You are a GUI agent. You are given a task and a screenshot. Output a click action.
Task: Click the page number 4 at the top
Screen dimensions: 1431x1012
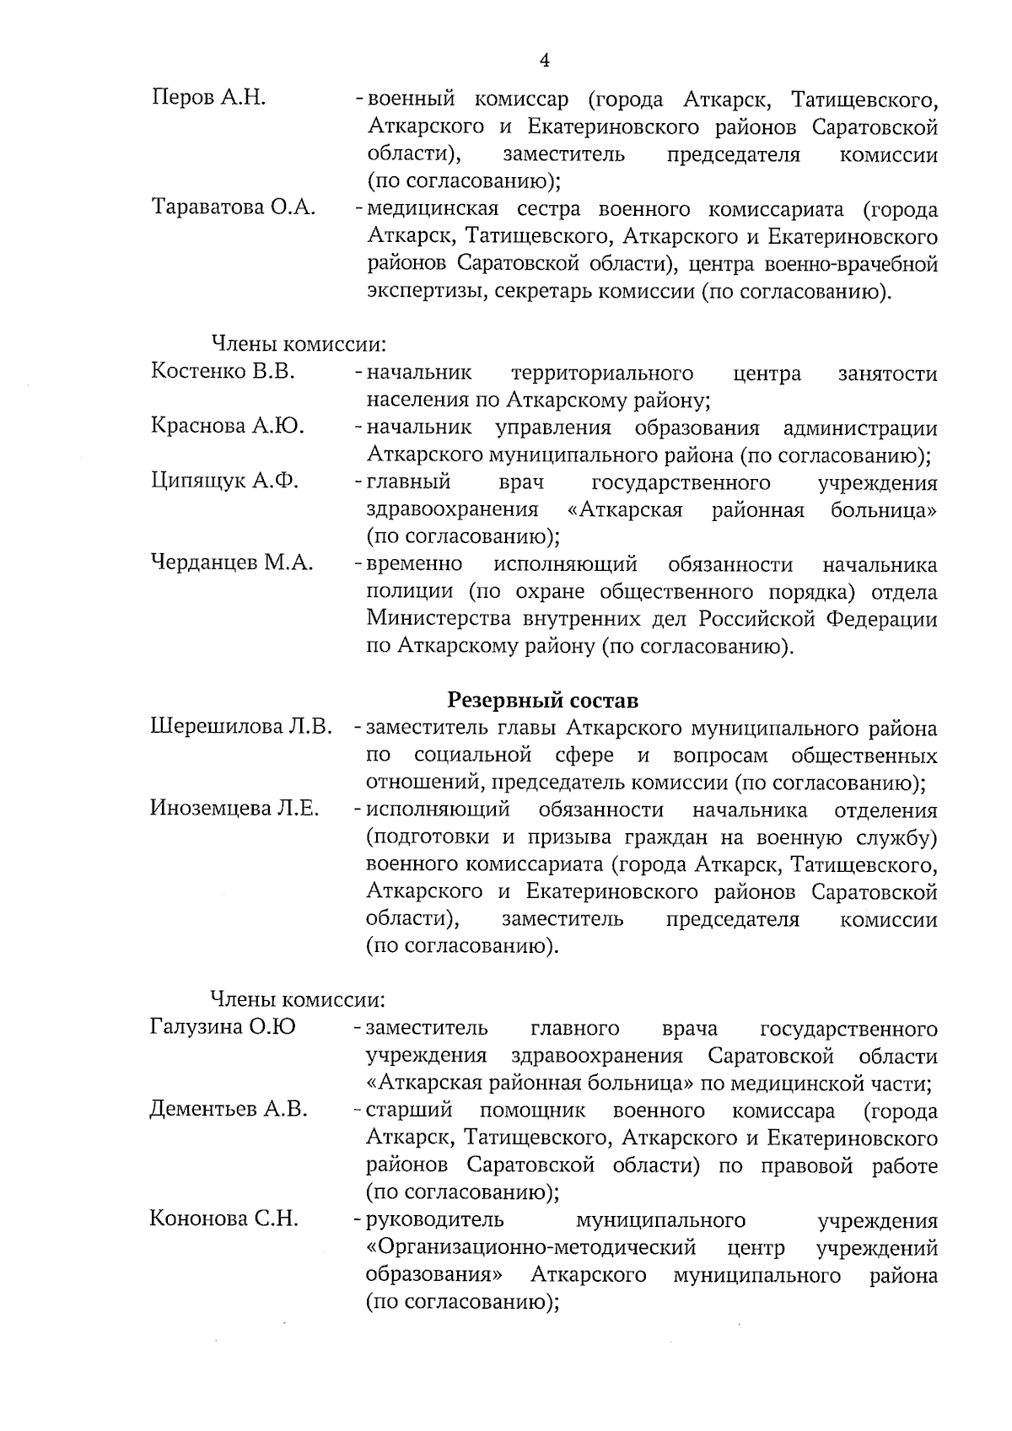coord(544,60)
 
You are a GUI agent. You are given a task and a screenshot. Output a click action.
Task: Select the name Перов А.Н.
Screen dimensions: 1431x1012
coord(209,99)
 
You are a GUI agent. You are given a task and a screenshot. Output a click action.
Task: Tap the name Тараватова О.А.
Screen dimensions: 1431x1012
coord(234,207)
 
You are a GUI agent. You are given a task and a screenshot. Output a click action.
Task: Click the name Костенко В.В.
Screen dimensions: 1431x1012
coord(223,371)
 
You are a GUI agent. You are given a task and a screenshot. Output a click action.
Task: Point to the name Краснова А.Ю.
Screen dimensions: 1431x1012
coord(228,426)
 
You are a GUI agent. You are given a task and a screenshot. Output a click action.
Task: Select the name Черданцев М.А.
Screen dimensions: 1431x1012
coord(232,562)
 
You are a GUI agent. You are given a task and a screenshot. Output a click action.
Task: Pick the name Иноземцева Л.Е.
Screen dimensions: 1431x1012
coord(234,809)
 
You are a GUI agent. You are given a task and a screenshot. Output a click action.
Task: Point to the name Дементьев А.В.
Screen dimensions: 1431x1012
coord(229,1109)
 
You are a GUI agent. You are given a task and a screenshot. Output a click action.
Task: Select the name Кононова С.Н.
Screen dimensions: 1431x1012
coord(224,1219)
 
